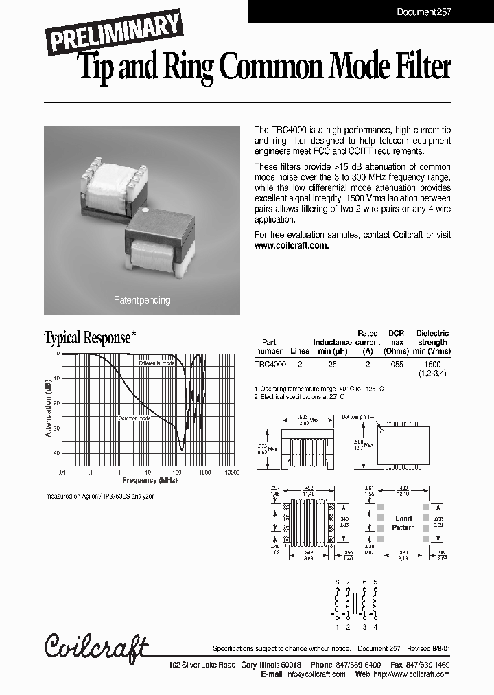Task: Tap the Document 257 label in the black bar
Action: click(x=424, y=12)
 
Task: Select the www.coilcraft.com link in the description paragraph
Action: click(x=292, y=245)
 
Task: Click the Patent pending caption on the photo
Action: click(x=142, y=300)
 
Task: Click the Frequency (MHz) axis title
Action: click(x=150, y=480)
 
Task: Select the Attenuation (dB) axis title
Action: click(x=49, y=409)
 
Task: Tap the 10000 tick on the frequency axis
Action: click(x=231, y=472)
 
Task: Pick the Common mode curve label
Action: click(x=135, y=417)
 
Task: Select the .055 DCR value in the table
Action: click(x=396, y=366)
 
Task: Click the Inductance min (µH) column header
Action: click(x=332, y=346)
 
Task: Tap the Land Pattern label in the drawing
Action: click(x=403, y=523)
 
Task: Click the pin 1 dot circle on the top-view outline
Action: click(x=384, y=431)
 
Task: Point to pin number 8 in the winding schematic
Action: click(x=337, y=582)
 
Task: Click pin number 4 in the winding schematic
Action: click(x=375, y=627)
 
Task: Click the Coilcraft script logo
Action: click(x=96, y=646)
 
